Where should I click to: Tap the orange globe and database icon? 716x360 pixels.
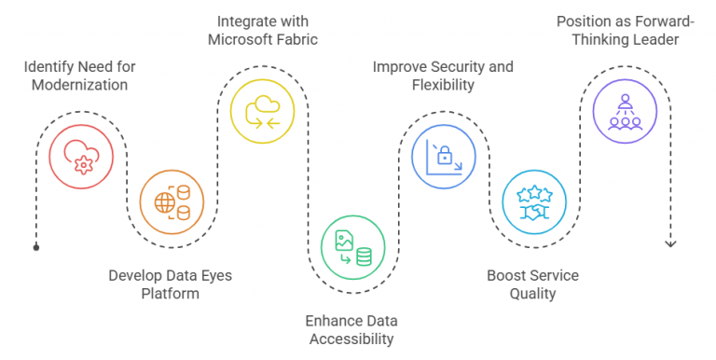169,200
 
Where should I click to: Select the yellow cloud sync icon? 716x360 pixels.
259,111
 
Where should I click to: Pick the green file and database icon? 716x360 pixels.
351,245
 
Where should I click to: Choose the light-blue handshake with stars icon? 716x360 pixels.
532,200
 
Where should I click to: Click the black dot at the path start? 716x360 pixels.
36,248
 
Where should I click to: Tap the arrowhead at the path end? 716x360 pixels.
669,243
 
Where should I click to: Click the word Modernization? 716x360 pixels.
78,85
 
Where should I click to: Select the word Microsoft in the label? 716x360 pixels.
240,41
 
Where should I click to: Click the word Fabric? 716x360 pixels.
295,41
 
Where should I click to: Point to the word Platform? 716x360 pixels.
169,294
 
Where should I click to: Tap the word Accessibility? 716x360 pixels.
350,339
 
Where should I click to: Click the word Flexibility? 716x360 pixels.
443,85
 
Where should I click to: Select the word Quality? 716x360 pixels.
533,294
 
